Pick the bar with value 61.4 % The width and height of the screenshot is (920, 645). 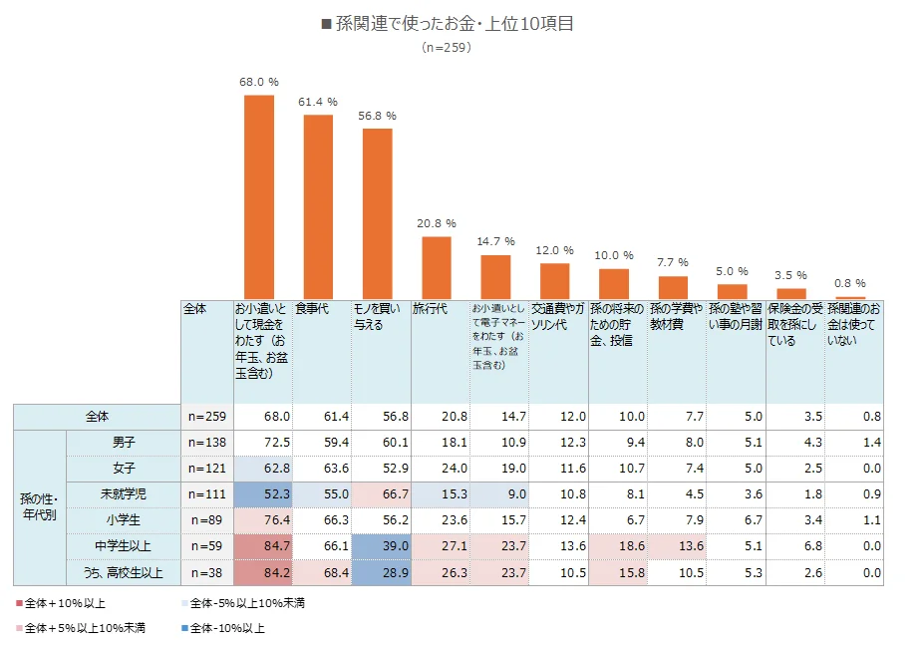(x=318, y=206)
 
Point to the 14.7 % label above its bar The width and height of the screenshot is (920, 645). (x=495, y=241)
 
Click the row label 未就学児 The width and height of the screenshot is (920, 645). (x=123, y=493)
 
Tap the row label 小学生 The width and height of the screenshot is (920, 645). (x=123, y=519)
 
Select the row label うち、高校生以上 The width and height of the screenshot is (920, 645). (x=123, y=571)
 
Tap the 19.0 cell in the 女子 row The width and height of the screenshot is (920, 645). (x=500, y=468)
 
